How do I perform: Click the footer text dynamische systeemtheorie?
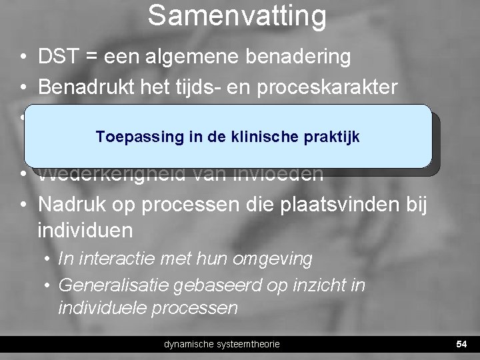[x=222, y=344]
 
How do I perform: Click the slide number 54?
[x=460, y=344]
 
